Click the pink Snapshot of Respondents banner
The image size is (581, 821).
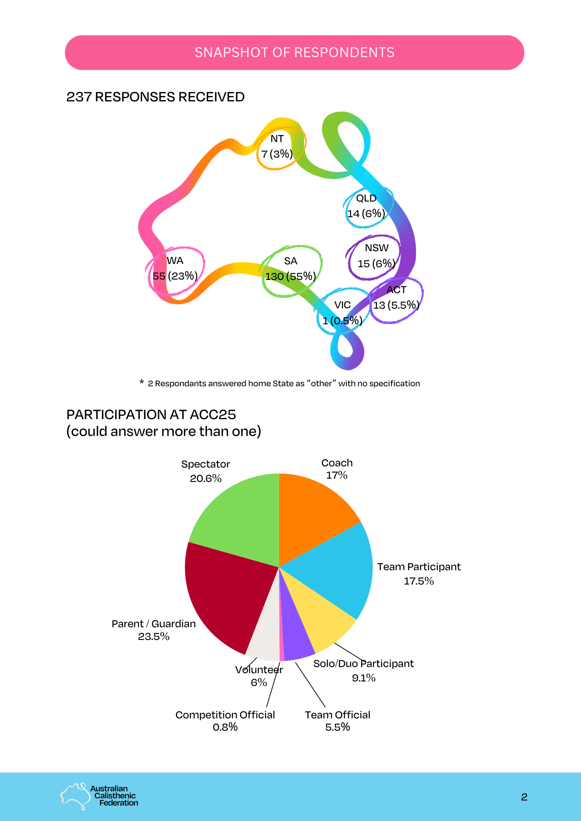[x=294, y=53]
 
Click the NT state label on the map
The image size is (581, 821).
[x=277, y=139]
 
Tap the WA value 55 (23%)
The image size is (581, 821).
[x=175, y=276]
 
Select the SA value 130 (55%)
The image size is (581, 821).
[x=290, y=276]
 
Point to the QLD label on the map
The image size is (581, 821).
[x=366, y=198]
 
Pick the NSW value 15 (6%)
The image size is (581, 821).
[x=376, y=264]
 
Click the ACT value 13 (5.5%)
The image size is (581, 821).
[x=396, y=305]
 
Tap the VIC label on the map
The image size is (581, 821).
[x=342, y=305]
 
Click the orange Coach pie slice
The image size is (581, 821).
[x=312, y=513]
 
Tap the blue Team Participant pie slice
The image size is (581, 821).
[x=337, y=571]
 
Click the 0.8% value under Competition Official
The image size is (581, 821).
[x=225, y=727]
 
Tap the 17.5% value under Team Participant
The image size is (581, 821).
[x=419, y=581]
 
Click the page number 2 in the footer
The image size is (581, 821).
[x=524, y=797]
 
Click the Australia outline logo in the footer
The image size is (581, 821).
[x=75, y=796]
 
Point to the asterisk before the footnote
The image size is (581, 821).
[x=141, y=383]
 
